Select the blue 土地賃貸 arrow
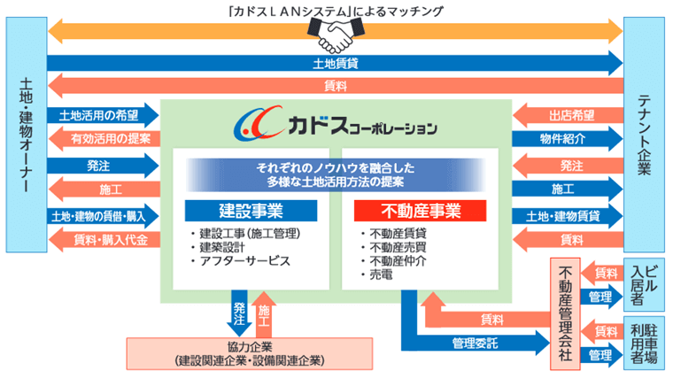(336, 64)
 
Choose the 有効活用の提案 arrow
(103, 139)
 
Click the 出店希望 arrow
(568, 115)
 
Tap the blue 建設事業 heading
(251, 211)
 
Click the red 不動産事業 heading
(421, 211)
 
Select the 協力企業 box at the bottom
(249, 354)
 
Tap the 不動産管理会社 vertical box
(564, 313)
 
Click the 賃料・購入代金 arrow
(103, 239)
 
